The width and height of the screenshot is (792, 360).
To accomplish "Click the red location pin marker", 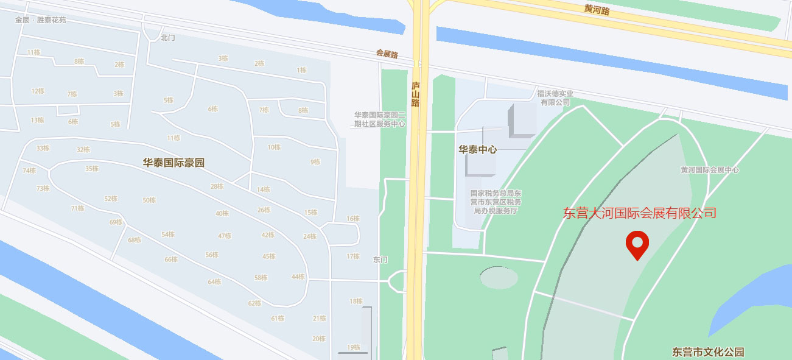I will pos(637,244).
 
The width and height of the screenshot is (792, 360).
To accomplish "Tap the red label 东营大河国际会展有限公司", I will pos(639,213).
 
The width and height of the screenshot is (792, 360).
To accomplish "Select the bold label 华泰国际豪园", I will pos(173,163).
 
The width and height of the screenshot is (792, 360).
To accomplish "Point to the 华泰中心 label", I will pos(478,149).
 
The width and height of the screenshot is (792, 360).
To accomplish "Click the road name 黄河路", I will pos(597,9).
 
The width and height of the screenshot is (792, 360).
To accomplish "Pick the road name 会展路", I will pos(387,54).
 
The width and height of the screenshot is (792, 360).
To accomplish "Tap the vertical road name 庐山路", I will pos(416,94).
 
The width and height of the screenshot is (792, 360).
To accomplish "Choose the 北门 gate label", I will pos(167,38).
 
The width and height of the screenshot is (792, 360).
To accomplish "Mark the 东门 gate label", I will pos(380,259).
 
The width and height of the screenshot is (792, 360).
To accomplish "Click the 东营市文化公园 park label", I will pos(708,352).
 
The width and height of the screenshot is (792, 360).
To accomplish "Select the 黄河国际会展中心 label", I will pos(710,170).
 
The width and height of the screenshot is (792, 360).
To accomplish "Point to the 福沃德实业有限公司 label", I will pos(555,98).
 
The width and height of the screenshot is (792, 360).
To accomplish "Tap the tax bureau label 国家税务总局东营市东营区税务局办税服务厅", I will pos(496,202).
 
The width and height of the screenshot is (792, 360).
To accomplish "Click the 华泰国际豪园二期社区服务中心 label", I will pos(380,119).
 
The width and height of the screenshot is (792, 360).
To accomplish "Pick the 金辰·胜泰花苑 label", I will pos(41,20).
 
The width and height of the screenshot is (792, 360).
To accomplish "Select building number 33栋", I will pos(43,148).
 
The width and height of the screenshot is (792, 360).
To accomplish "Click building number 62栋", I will pos(254,303).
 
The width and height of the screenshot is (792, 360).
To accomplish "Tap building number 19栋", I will pos(354,348).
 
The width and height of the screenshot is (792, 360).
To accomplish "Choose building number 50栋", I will pos(149,200).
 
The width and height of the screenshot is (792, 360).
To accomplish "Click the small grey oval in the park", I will pos(499,278).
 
